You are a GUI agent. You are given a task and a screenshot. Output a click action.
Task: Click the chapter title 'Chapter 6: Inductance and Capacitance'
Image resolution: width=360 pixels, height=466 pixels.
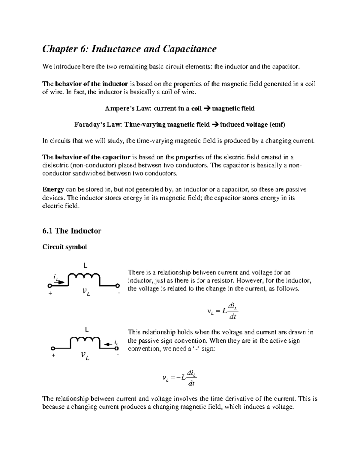pos(129,49)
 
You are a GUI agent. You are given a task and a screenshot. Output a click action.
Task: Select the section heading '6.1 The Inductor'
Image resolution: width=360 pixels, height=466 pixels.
pos(72,231)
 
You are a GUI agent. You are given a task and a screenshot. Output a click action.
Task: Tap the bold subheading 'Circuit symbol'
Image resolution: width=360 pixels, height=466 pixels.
pos(64,247)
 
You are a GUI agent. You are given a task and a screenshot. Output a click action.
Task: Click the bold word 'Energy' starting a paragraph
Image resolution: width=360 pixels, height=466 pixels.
pos(53,190)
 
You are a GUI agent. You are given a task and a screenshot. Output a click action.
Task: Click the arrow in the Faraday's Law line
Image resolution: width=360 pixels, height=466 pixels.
pos(215,125)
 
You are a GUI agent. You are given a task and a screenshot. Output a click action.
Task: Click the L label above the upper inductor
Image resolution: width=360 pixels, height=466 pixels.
pos(85,266)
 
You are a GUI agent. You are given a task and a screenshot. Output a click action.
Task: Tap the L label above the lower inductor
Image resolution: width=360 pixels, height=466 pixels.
pos(87,329)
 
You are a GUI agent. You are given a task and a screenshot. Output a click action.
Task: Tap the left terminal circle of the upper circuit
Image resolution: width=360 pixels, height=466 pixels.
pos(49,285)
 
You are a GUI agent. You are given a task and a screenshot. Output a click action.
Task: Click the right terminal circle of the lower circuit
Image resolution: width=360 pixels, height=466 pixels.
pos(117,349)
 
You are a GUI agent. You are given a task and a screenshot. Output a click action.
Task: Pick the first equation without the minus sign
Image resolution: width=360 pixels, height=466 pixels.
pos(223,311)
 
